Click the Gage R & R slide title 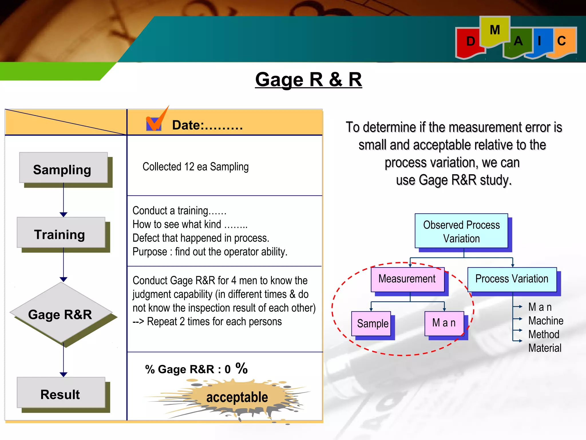(x=308, y=79)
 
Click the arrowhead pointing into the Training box (x=64, y=215)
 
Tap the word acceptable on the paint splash (x=237, y=397)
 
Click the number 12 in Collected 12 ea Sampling (x=189, y=167)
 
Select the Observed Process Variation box (x=461, y=231)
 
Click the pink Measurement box (x=407, y=279)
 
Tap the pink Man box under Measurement (x=444, y=323)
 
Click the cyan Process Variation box (x=512, y=279)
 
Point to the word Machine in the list (x=546, y=321)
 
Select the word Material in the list (x=545, y=348)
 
